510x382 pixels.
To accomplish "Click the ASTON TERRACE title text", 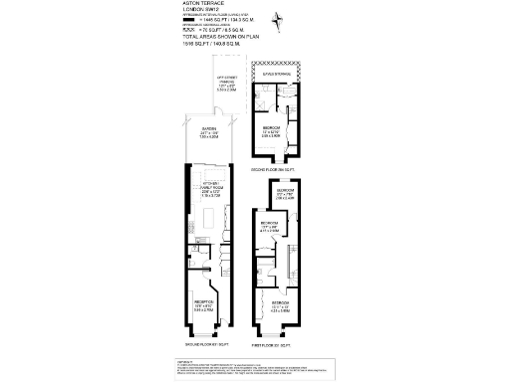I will [202, 5].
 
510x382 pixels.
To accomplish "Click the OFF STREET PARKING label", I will [225, 85].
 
